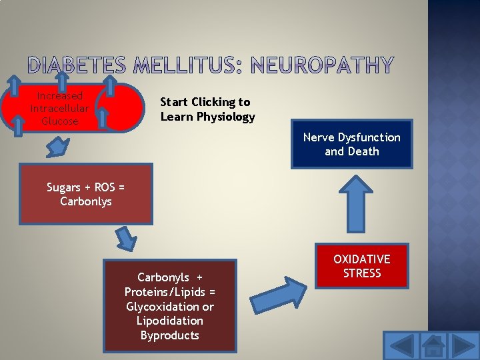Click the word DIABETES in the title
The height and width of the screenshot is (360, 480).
point(77,65)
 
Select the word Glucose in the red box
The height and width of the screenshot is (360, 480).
point(60,121)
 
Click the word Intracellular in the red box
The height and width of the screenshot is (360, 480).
point(59,109)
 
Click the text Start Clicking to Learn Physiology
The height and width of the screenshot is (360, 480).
point(207,109)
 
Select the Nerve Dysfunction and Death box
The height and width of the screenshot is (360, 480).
point(351,144)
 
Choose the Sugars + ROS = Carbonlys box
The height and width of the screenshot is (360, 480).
point(85,194)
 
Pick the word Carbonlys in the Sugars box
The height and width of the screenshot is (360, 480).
point(85,201)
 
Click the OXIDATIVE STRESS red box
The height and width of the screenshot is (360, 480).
point(361,266)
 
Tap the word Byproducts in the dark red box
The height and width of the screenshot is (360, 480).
point(169,335)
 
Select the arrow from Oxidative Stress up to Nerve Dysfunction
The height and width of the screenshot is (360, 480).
point(351,204)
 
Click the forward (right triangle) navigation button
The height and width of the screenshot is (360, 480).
point(464,346)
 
